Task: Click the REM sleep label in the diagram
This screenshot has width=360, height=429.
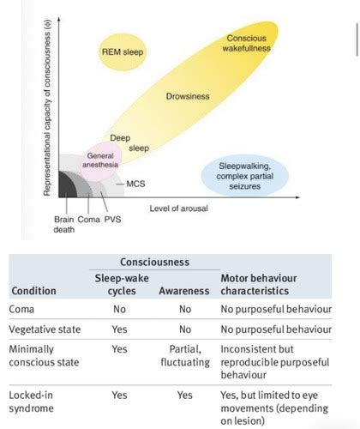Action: point(123,51)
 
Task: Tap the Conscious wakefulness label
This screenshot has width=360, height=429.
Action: point(246,43)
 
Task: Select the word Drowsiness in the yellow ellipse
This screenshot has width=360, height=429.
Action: point(188,96)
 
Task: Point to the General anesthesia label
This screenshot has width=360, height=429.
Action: point(100,160)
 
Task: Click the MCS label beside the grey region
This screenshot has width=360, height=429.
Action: point(135,184)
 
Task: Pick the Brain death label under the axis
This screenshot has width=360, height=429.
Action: point(64,225)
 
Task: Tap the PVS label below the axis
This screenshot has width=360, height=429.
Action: point(112,220)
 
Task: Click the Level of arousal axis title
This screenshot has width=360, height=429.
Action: point(178,208)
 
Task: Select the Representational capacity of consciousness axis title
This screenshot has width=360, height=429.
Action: point(47,107)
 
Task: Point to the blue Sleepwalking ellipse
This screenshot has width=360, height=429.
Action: point(245,176)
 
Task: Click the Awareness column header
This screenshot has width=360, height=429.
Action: point(184,291)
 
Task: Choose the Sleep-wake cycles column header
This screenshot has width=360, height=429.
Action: point(122,285)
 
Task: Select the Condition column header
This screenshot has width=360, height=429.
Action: point(33,291)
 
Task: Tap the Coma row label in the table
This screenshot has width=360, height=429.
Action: point(21,309)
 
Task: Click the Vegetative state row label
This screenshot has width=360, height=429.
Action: point(45,329)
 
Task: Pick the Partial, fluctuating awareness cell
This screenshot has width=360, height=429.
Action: point(185,355)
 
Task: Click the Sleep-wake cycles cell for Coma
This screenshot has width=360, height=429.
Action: point(119,309)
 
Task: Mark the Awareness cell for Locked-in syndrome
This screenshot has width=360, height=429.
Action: point(184,396)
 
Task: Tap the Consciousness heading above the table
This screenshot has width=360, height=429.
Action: point(154,262)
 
